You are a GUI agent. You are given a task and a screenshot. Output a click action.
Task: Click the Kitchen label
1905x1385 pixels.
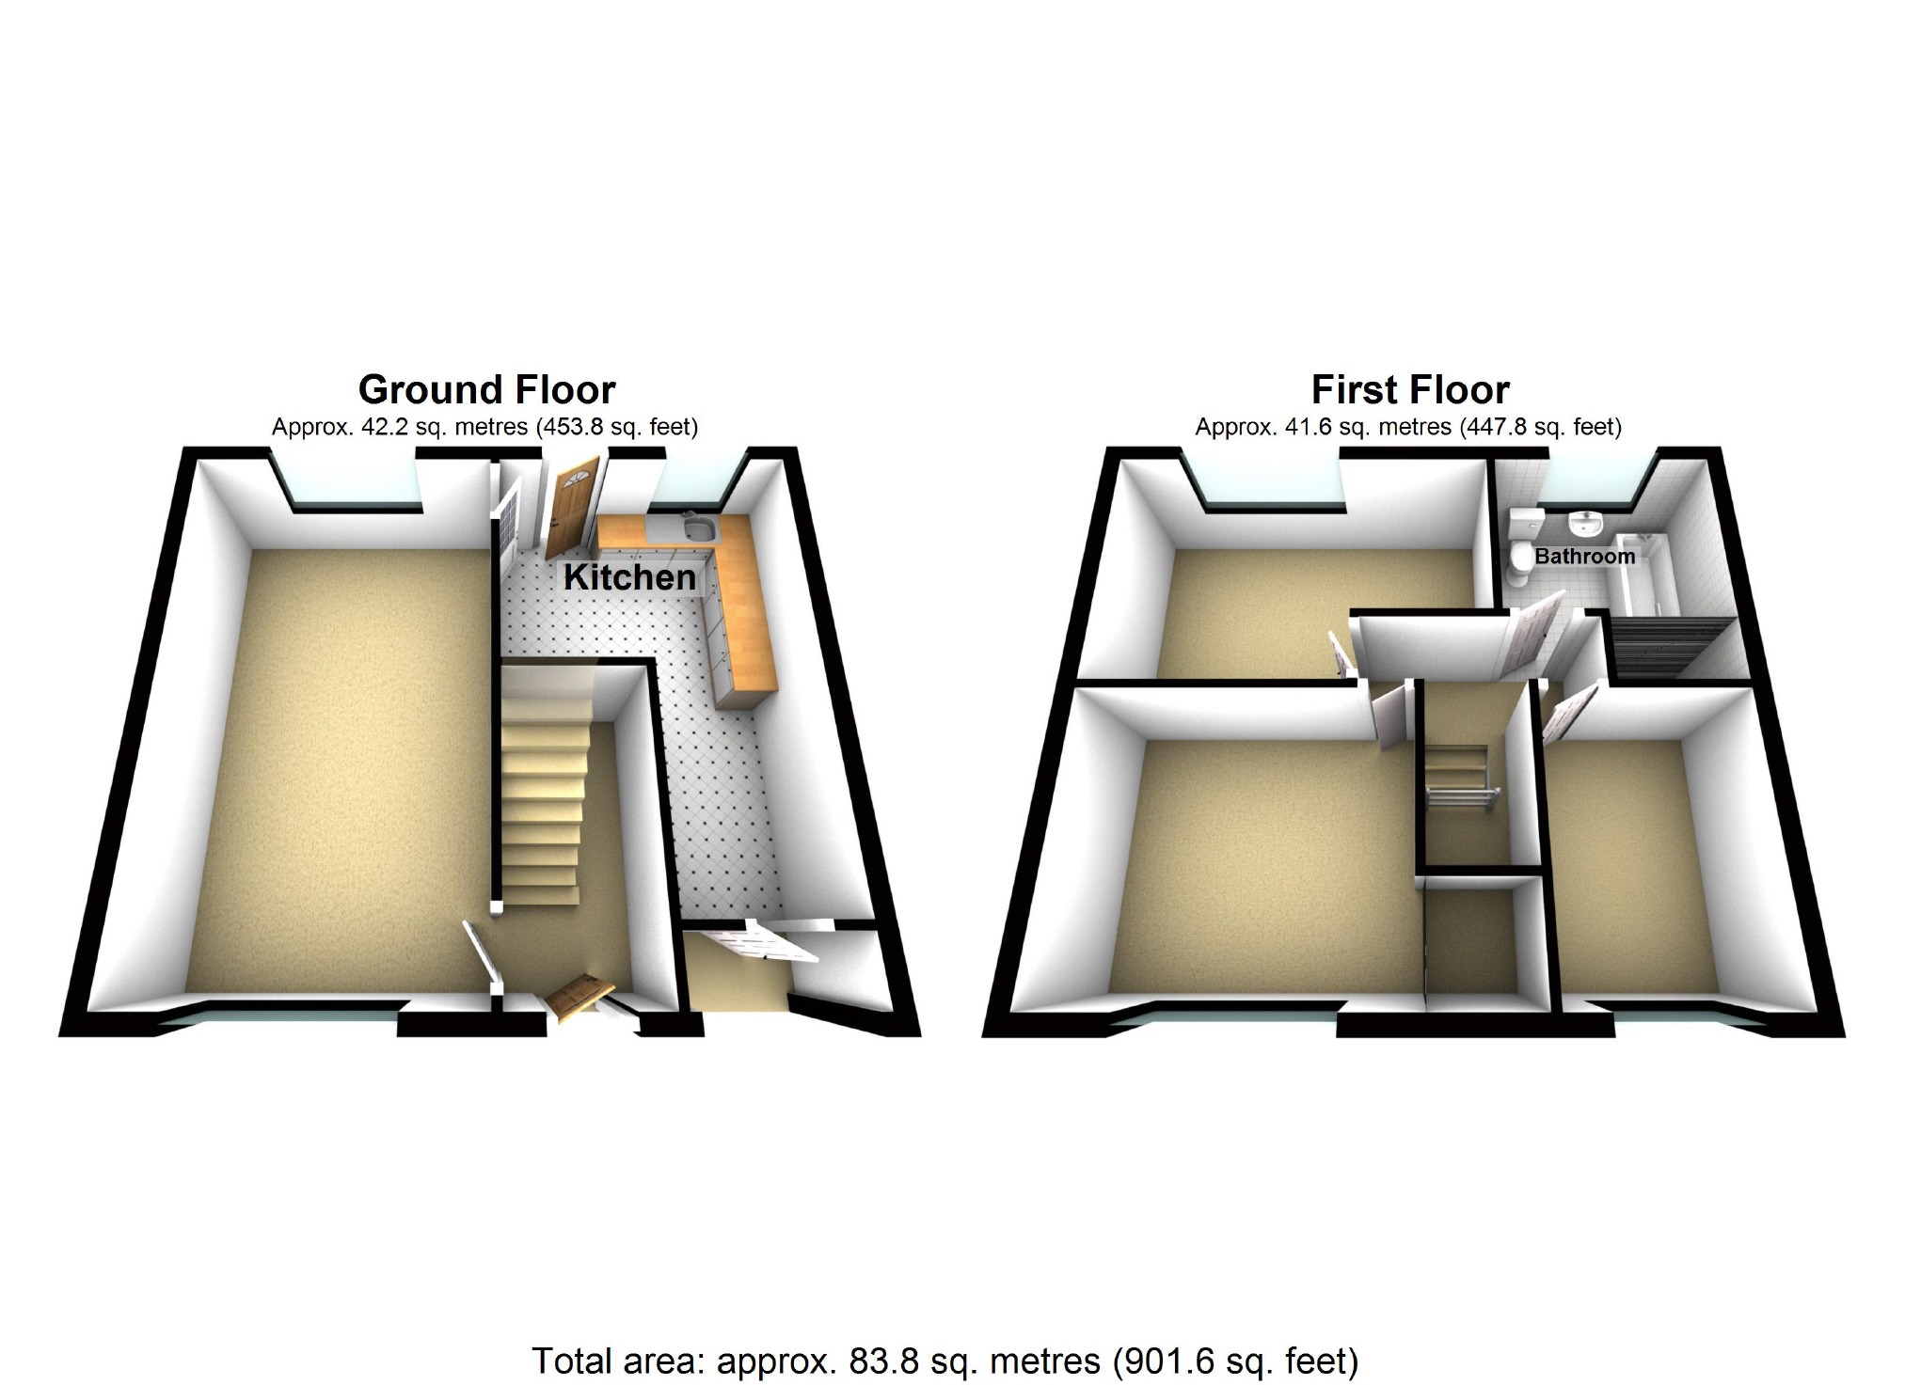tap(629, 577)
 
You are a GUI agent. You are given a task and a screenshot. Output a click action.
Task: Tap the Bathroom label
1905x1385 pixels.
tap(1584, 556)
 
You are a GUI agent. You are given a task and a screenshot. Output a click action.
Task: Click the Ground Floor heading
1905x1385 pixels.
tap(486, 389)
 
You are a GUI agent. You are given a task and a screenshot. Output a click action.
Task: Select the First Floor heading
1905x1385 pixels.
tap(1410, 389)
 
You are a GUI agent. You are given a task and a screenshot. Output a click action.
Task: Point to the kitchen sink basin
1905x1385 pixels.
tap(699, 531)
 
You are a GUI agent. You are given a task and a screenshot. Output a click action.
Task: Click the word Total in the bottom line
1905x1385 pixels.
tap(572, 1361)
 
